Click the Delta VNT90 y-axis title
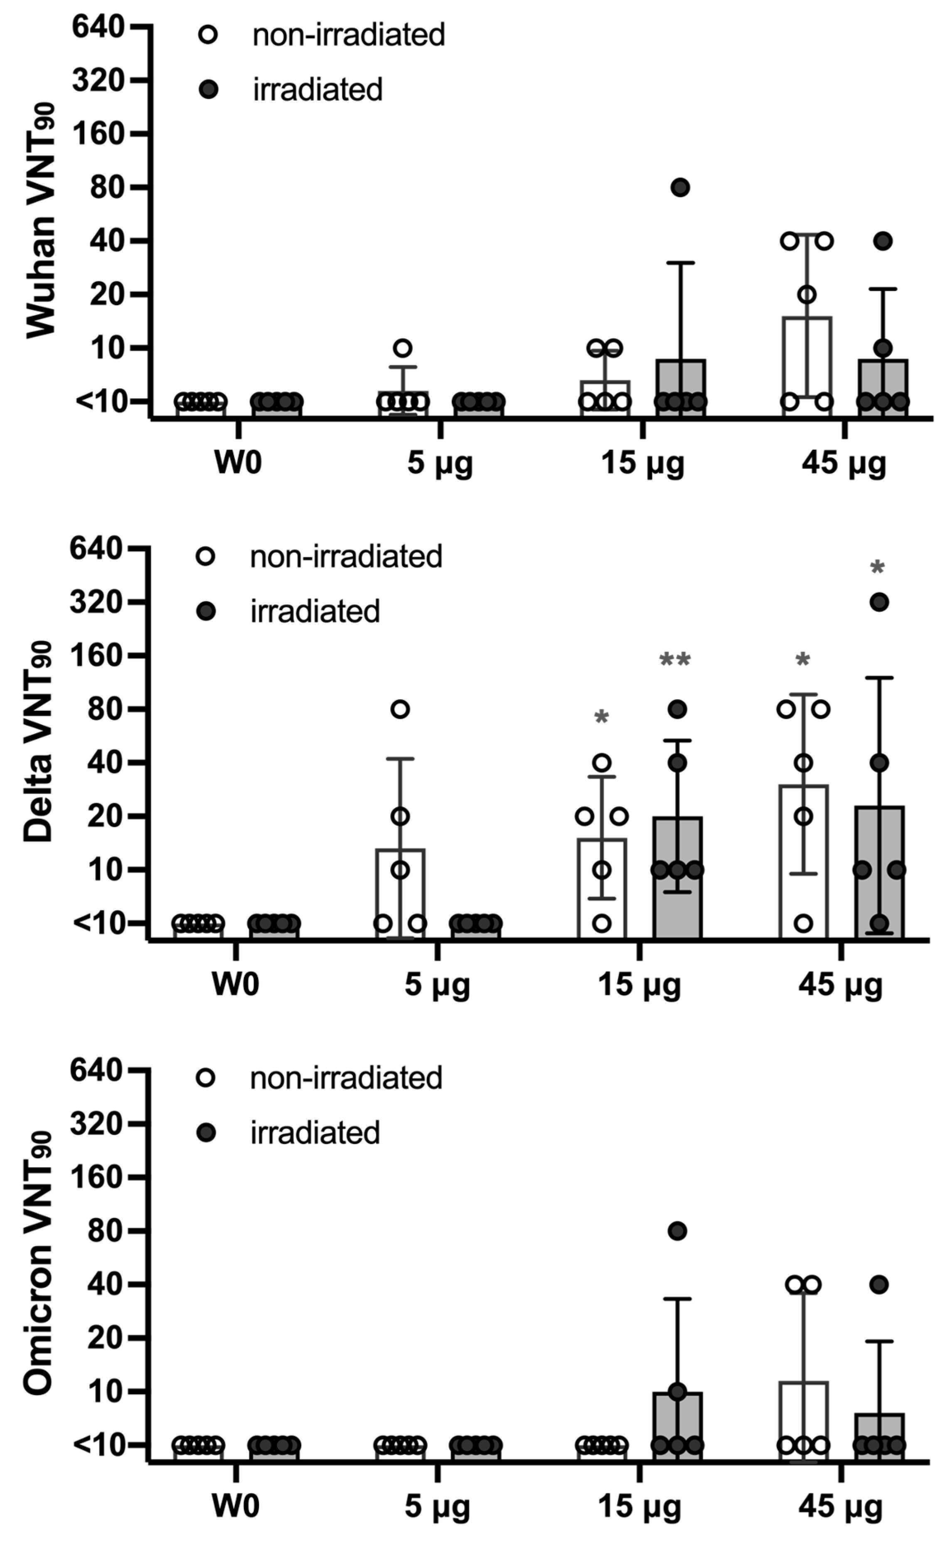tap(39, 742)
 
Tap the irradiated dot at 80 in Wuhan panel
tap(680, 187)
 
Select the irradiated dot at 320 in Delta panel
tap(879, 602)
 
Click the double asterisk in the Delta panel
tap(675, 659)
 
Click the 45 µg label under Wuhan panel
tap(844, 464)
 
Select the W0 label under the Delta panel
tap(236, 985)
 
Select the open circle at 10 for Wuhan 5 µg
tap(403, 348)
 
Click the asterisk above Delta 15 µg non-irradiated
tap(602, 717)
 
